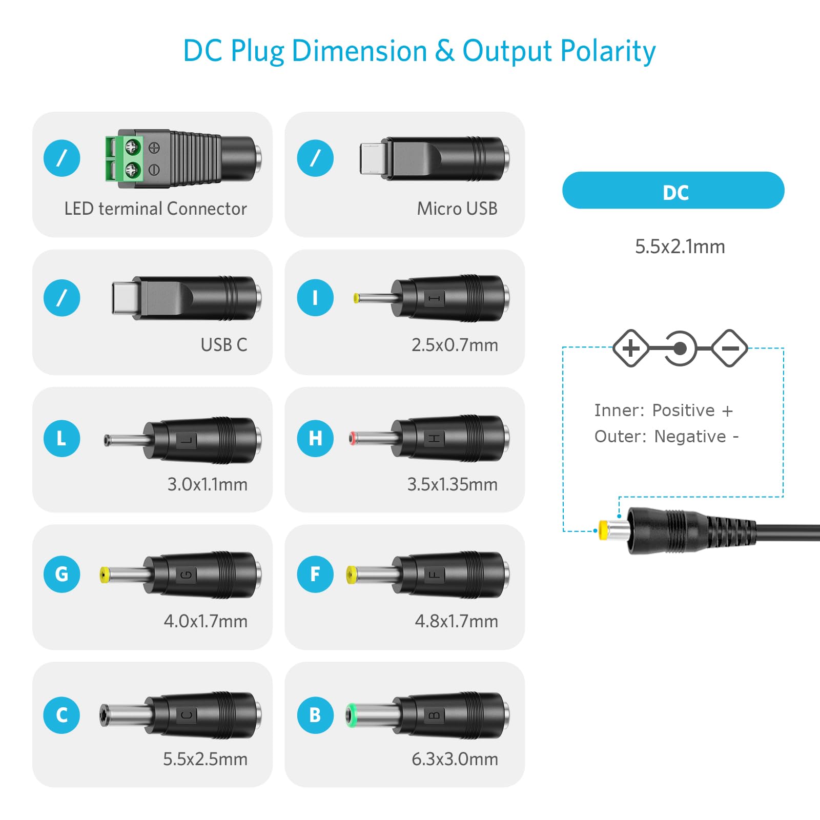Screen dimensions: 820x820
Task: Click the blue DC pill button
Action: coord(673,190)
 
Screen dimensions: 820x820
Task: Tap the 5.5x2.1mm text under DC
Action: coord(680,247)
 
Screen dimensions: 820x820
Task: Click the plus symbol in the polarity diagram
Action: coord(631,348)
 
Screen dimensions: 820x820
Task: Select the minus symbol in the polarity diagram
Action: coord(730,348)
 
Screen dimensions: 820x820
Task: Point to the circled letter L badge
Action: coord(61,438)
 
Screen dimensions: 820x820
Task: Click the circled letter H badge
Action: coord(315,438)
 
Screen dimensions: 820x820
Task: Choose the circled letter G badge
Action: coord(61,574)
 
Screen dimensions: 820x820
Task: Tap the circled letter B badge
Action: coord(315,715)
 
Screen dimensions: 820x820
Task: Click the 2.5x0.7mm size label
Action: coord(455,345)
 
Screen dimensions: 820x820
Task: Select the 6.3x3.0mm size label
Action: coord(455,759)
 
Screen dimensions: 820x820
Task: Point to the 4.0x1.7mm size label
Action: coord(206,621)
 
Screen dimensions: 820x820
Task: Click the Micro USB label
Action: coord(457,209)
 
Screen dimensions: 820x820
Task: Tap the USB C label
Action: coord(224,345)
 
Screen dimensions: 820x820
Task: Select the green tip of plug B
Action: coord(351,715)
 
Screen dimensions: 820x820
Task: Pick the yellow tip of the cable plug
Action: coord(604,530)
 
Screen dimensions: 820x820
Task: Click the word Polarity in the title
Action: coord(608,52)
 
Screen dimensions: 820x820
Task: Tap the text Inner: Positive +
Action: coord(664,411)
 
